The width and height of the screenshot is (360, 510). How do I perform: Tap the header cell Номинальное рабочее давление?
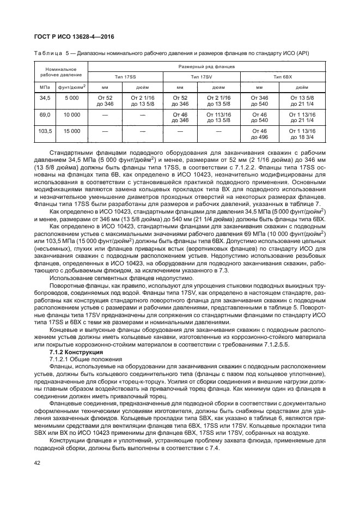click(60, 71)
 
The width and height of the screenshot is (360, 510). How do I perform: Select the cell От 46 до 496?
click(260, 135)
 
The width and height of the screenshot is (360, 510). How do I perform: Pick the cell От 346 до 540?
click(260, 100)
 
